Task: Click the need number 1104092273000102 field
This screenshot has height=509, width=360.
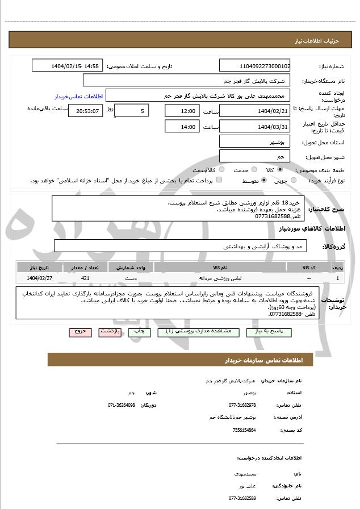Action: (x=254, y=66)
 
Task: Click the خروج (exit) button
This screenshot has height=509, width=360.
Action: (x=79, y=331)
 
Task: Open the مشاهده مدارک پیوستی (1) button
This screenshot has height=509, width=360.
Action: (x=194, y=331)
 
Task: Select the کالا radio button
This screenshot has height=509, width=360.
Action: (x=280, y=169)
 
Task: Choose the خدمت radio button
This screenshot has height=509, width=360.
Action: (x=253, y=169)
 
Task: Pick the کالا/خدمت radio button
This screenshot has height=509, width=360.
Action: (x=221, y=169)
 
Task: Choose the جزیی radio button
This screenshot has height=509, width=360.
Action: (x=293, y=181)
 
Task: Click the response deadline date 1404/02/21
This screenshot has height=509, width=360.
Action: (x=254, y=110)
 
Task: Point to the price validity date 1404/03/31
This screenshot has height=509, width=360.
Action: (x=254, y=127)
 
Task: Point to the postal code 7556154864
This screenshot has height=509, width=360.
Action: (x=244, y=430)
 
